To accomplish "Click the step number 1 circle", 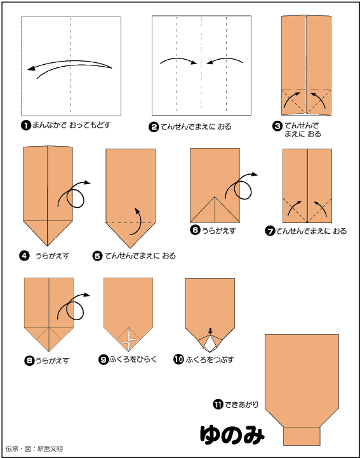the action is [26, 126].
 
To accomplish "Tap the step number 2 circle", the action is [154, 127].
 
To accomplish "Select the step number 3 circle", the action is [277, 126].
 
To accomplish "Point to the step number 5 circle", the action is [97, 256].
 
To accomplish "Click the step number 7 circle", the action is [270, 231].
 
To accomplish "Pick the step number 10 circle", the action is [178, 359].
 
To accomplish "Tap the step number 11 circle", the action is [218, 405].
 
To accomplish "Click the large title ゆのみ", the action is [232, 434].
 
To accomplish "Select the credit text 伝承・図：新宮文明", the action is [34, 448].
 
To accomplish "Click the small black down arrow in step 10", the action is [210, 331].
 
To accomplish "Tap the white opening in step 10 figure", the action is [210, 344].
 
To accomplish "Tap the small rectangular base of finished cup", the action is [302, 436].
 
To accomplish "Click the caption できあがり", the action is [241, 405].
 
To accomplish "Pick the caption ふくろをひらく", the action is [133, 359].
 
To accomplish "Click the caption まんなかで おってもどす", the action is [71, 125].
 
